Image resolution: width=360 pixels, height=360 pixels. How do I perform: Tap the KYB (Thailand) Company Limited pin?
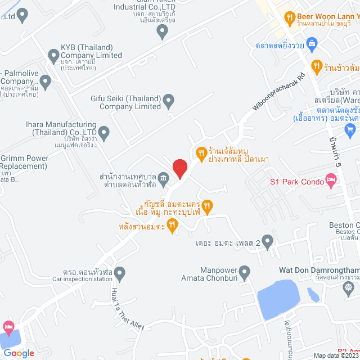pos(54,56)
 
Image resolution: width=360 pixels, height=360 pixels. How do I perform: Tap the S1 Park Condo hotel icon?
pos(332,181)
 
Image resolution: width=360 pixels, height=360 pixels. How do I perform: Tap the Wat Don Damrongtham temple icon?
pos(349,287)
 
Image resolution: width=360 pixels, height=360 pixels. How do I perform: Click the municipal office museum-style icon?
pos(163,179)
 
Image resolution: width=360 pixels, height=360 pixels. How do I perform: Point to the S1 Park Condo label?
pos(296,181)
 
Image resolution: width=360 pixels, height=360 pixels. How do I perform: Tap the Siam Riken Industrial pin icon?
pos(163,32)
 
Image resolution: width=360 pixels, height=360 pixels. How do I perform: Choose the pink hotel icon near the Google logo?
pos(8,326)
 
